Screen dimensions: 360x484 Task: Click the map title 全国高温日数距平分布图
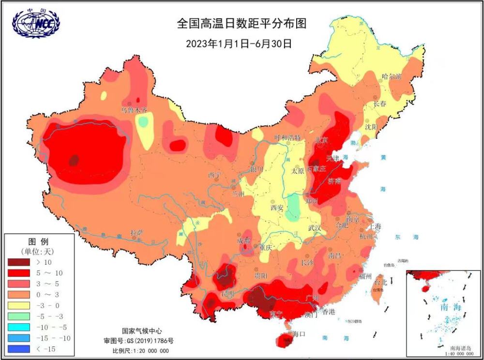(x=242, y=23)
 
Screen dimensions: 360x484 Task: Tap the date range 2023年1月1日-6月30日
(x=239, y=43)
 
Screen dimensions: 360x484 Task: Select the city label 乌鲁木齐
(x=134, y=110)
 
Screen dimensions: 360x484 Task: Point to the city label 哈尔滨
(x=392, y=76)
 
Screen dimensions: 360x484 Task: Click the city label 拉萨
(x=137, y=233)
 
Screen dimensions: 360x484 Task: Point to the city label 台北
(x=381, y=282)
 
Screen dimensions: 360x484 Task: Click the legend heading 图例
(x=39, y=241)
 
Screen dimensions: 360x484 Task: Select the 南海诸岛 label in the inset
(x=462, y=348)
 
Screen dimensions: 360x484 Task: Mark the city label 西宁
(x=214, y=175)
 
